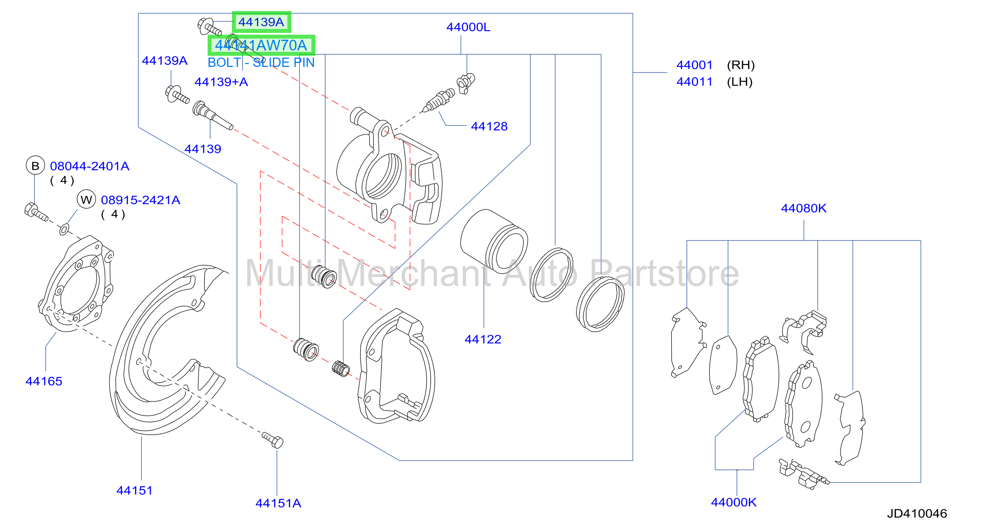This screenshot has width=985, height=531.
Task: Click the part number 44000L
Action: [468, 27]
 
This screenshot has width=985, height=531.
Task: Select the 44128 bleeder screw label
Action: [489, 126]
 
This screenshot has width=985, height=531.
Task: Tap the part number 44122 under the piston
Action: [482, 339]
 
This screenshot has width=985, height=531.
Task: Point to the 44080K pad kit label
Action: [804, 208]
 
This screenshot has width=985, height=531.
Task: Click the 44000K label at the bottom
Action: [733, 502]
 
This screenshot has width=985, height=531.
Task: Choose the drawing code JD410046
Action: [917, 513]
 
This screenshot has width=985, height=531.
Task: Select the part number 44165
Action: [44, 381]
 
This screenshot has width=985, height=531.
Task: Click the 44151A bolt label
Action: [278, 503]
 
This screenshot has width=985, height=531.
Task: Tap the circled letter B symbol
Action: [35, 166]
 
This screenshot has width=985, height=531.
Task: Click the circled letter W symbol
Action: [86, 199]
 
